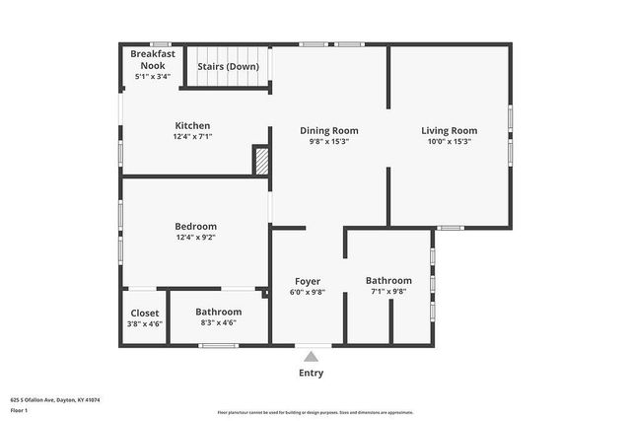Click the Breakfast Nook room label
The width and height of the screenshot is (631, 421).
153,59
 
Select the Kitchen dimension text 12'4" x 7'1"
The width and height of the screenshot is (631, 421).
192,137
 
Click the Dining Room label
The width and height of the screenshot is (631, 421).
328,130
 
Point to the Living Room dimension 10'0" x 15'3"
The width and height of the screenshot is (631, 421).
449,141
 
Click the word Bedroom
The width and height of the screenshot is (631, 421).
195,226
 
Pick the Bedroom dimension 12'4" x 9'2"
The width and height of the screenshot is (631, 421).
195,237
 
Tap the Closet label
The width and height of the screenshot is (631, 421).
144,313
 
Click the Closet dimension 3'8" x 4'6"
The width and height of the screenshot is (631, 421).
144,323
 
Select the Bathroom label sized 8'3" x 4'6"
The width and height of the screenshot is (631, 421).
218,312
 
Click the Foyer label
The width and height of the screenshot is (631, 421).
307,281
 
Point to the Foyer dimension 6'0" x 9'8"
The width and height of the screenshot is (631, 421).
307,292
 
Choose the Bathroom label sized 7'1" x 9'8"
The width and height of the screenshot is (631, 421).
388,280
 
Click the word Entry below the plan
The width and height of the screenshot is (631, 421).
311,373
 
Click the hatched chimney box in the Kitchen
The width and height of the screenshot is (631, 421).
261,161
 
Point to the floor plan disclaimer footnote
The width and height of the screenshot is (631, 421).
315,412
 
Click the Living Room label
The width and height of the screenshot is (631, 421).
449,130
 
